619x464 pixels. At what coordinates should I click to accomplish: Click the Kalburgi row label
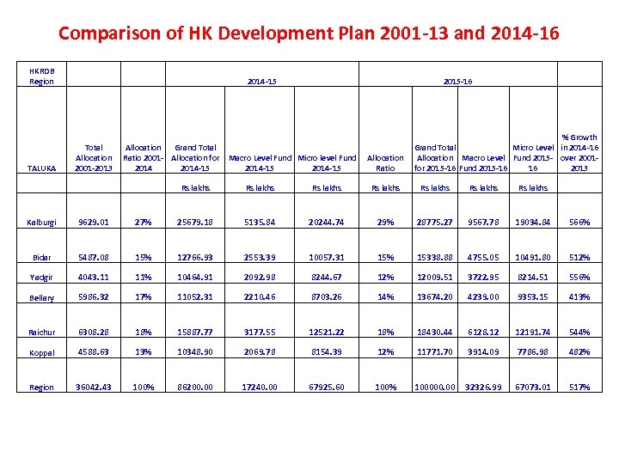pyautogui.click(x=41, y=223)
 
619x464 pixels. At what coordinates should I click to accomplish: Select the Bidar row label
pyautogui.click(x=41, y=258)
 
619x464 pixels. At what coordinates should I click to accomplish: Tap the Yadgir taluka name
pyautogui.click(x=41, y=278)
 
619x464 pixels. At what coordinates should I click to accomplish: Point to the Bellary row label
pyautogui.click(x=41, y=298)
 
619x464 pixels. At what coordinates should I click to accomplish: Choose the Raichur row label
pyautogui.click(x=41, y=332)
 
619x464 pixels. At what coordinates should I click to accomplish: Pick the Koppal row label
pyautogui.click(x=41, y=353)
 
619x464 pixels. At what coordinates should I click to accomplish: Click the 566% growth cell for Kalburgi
pyautogui.click(x=579, y=222)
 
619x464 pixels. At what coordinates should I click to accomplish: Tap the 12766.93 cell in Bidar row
pyautogui.click(x=195, y=257)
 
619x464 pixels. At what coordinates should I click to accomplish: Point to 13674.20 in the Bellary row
pyautogui.click(x=436, y=297)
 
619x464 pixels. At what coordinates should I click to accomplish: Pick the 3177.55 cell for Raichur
pyautogui.click(x=260, y=331)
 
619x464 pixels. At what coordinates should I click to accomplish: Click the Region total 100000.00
pyautogui.click(x=436, y=387)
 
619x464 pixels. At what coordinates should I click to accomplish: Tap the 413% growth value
pyautogui.click(x=579, y=297)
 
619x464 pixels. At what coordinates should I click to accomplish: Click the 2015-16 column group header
pyautogui.click(x=457, y=82)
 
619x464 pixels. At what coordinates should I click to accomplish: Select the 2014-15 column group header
pyautogui.click(x=260, y=82)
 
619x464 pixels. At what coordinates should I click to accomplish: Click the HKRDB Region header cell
pyautogui.click(x=41, y=76)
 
